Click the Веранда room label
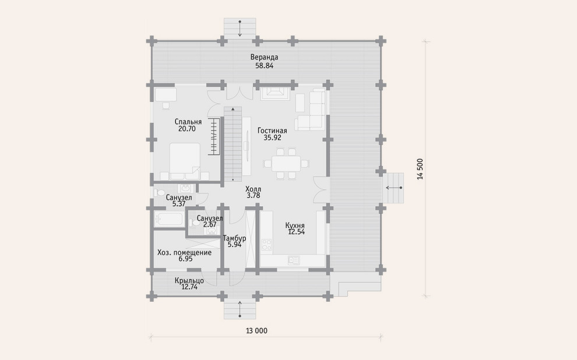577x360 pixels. [x=264, y=57]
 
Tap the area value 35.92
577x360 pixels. [x=272, y=138]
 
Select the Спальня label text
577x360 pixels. [x=188, y=122]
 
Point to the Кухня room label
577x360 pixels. [x=295, y=225]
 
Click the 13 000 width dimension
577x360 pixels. [x=256, y=330]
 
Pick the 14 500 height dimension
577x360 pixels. [x=420, y=169]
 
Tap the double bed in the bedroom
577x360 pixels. [x=185, y=161]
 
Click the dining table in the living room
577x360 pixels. [x=286, y=164]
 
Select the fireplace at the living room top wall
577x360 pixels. [x=275, y=93]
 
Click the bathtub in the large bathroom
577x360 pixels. [x=169, y=219]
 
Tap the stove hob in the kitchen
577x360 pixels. [x=266, y=245]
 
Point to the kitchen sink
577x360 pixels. [x=294, y=260]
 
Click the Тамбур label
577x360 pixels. [x=234, y=238]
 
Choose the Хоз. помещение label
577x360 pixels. [x=184, y=253]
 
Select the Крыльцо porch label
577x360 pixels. [x=189, y=281]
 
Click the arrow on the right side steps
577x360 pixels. [x=394, y=188]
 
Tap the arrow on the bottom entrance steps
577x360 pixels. [x=240, y=309]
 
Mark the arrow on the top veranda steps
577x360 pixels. [x=240, y=29]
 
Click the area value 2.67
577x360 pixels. [x=210, y=224]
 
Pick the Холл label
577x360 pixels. [x=253, y=189]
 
